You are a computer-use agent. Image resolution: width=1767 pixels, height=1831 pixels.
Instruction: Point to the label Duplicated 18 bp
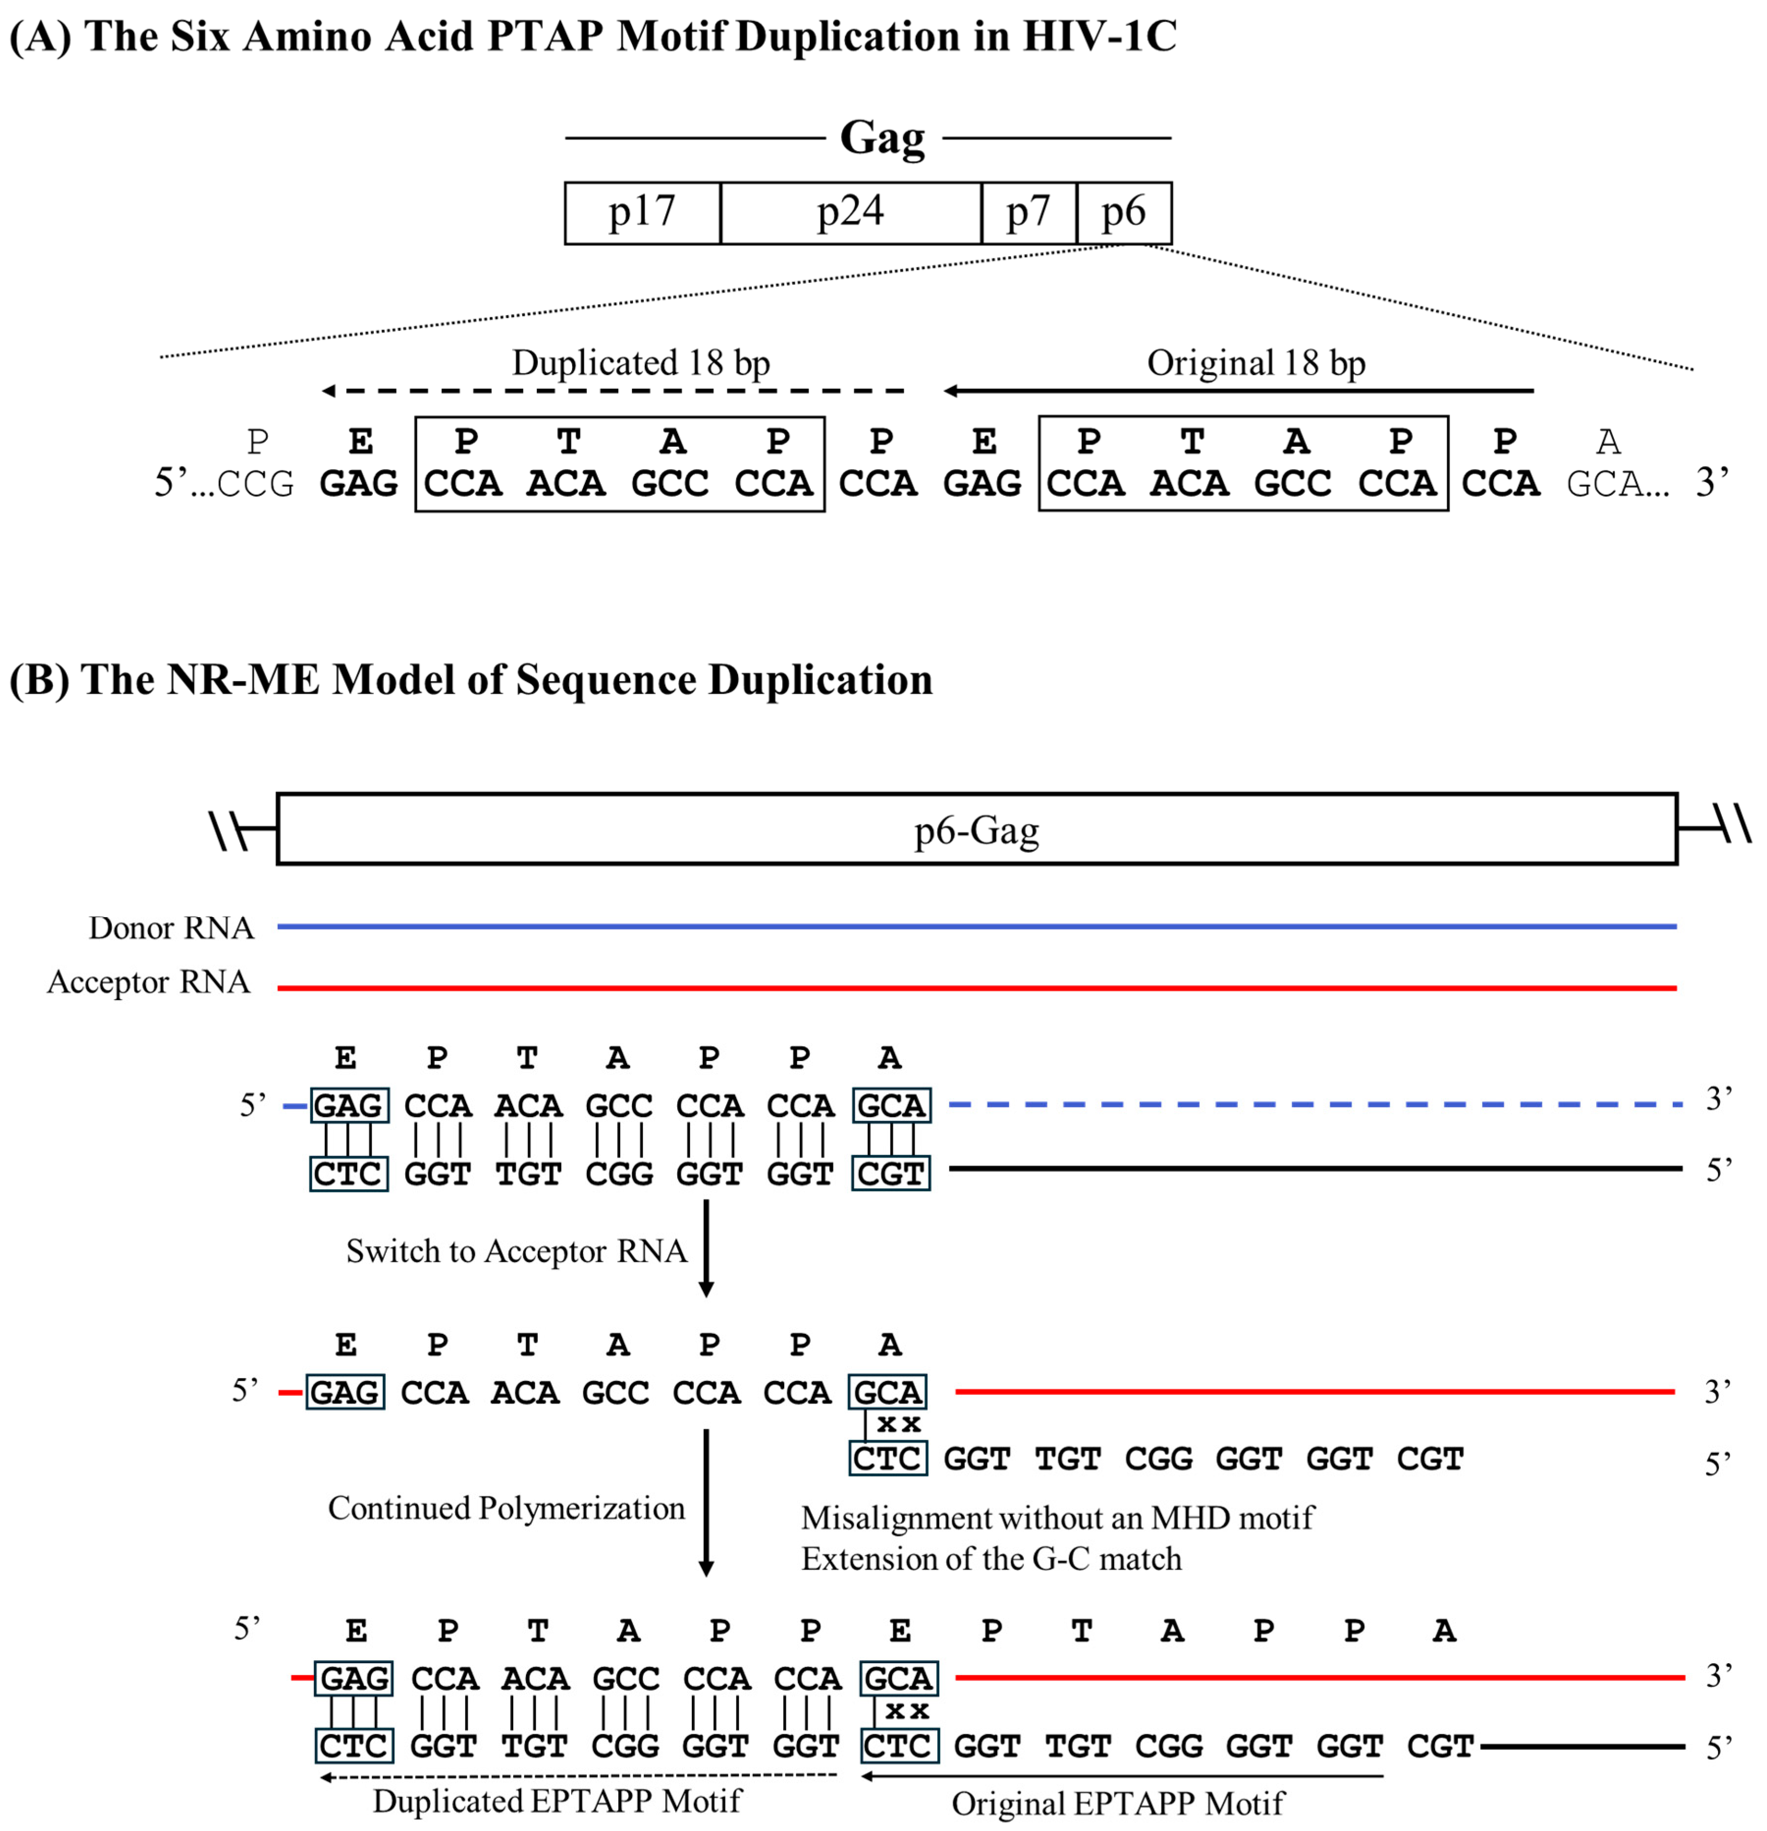click(641, 363)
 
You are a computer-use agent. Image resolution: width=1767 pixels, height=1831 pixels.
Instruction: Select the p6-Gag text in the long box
click(976, 830)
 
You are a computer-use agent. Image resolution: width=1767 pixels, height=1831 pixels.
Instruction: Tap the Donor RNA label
click(171, 928)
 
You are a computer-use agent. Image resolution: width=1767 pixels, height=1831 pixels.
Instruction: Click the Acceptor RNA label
click(149, 982)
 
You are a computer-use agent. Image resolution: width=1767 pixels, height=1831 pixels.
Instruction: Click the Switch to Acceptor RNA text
click(516, 1251)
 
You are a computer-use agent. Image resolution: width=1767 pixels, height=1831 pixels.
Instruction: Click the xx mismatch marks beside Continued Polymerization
click(898, 1425)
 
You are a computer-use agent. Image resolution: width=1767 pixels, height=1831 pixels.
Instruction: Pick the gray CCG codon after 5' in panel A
click(256, 484)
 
